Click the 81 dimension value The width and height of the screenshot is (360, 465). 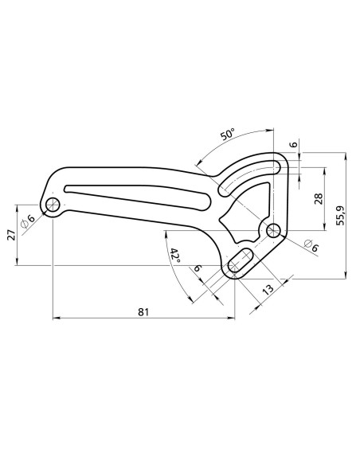[x=143, y=312]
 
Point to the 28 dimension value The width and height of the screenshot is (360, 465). [x=318, y=199]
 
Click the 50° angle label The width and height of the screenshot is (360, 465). [x=227, y=136]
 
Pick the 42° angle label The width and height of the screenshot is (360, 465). [x=175, y=256]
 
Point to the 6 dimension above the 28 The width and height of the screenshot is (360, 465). [x=293, y=145]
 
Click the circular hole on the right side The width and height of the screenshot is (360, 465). [x=274, y=232]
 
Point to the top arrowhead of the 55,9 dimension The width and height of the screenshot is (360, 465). [x=346, y=156]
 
